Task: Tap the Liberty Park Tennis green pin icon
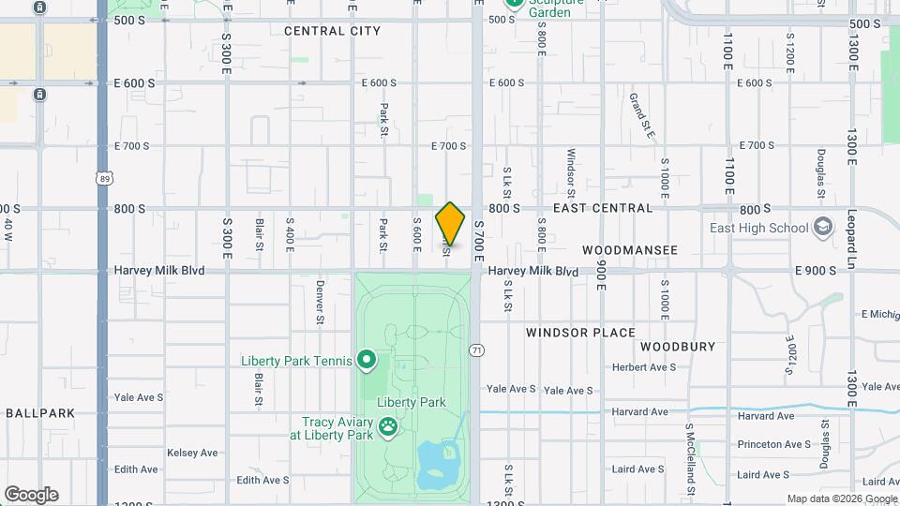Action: point(367,360)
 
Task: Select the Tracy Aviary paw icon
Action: point(388,428)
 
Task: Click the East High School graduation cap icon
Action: point(823,228)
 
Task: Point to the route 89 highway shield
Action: point(103,178)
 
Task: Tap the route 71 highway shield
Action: point(478,350)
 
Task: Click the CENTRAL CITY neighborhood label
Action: point(332,31)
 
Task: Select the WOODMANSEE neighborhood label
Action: point(629,250)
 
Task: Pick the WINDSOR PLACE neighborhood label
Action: point(580,333)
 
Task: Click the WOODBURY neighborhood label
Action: point(678,347)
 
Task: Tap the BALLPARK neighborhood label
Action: point(39,412)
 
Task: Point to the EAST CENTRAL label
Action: point(602,208)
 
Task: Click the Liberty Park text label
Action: point(411,403)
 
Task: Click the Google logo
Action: point(31,495)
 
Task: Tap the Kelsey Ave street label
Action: point(192,453)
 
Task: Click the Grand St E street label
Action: point(642,115)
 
